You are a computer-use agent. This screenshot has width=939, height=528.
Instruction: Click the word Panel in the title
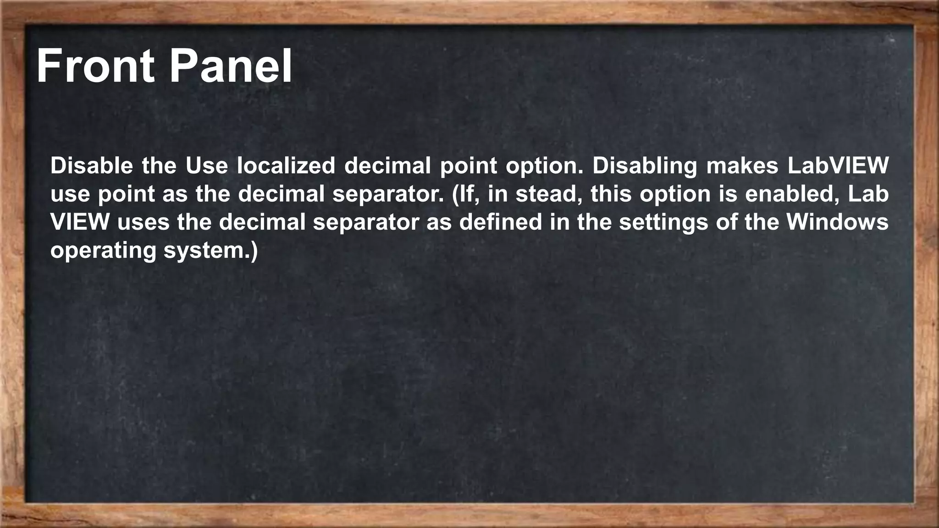pyautogui.click(x=231, y=66)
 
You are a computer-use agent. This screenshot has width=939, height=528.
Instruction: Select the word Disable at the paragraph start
pyautogui.click(x=91, y=165)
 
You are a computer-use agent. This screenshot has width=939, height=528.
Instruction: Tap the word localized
pyautogui.click(x=286, y=165)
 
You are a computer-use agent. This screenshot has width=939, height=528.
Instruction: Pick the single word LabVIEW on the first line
pyautogui.click(x=838, y=165)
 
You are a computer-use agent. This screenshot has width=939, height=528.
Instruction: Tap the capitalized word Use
pyautogui.click(x=206, y=165)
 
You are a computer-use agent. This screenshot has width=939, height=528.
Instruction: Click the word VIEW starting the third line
pyautogui.click(x=80, y=222)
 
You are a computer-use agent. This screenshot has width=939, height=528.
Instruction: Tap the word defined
pyautogui.click(x=501, y=222)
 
